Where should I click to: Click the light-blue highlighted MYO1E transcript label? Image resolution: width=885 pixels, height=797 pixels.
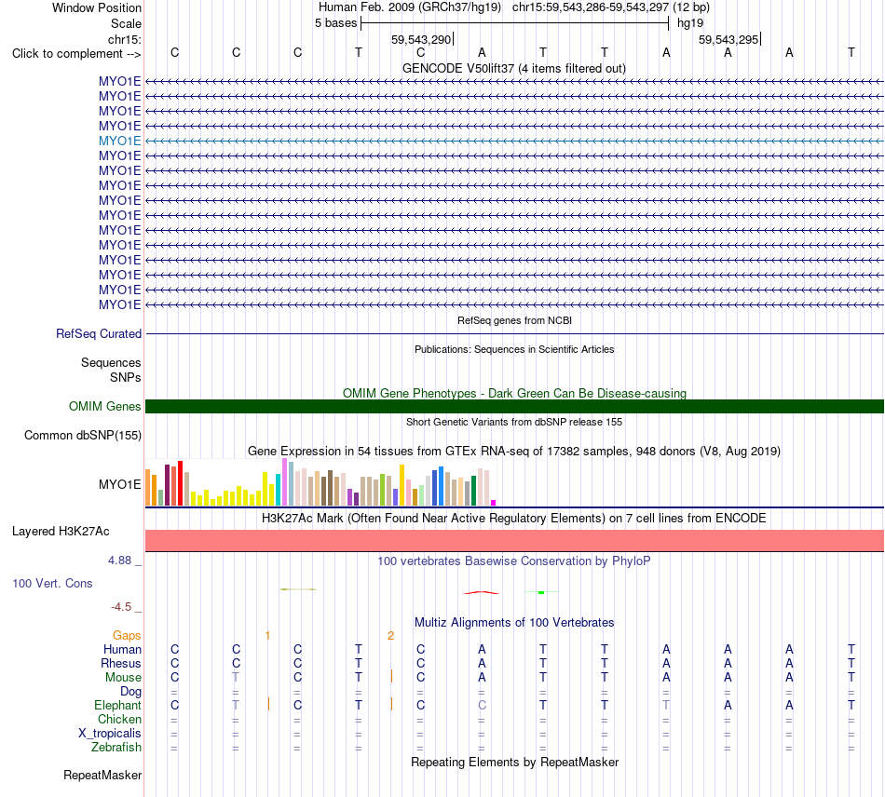click(x=119, y=141)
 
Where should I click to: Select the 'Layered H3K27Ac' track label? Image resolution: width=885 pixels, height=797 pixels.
click(x=61, y=532)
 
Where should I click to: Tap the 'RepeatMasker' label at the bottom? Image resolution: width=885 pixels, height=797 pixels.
click(x=102, y=775)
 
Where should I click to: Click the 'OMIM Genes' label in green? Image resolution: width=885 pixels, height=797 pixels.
click(x=105, y=406)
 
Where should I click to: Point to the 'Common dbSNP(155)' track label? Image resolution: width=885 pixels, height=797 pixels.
click(x=83, y=436)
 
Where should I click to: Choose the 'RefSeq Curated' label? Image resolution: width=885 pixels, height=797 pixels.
click(x=99, y=334)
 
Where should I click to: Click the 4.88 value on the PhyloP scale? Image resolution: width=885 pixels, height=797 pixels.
click(x=119, y=561)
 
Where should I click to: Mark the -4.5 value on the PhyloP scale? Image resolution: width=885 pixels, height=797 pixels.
click(x=121, y=607)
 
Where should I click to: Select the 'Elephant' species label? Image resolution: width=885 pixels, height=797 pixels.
click(x=118, y=705)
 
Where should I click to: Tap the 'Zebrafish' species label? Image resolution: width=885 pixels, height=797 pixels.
click(x=116, y=747)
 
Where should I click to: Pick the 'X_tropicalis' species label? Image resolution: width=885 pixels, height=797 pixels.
click(x=110, y=734)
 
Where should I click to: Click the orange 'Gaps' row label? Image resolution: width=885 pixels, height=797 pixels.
click(x=127, y=636)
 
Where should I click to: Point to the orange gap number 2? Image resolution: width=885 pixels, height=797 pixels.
click(x=390, y=636)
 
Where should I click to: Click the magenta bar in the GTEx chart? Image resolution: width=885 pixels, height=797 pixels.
click(x=494, y=503)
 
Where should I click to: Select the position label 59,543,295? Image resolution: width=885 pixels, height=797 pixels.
click(x=728, y=39)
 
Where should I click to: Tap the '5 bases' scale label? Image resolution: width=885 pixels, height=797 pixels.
click(x=335, y=23)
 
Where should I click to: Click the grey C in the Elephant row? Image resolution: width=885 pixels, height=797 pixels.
click(x=482, y=705)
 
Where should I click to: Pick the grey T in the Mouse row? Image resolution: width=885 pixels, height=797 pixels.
click(x=236, y=677)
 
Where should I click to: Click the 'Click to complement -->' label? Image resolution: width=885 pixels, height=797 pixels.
click(x=76, y=54)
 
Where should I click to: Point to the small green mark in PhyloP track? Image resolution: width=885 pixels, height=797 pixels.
click(x=541, y=592)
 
